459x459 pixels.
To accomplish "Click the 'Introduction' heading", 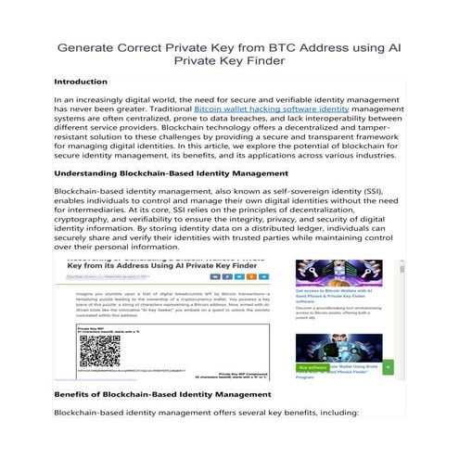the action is (82, 83).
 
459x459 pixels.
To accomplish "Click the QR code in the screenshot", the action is (99, 353).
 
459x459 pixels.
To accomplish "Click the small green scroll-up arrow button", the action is (388, 367).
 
